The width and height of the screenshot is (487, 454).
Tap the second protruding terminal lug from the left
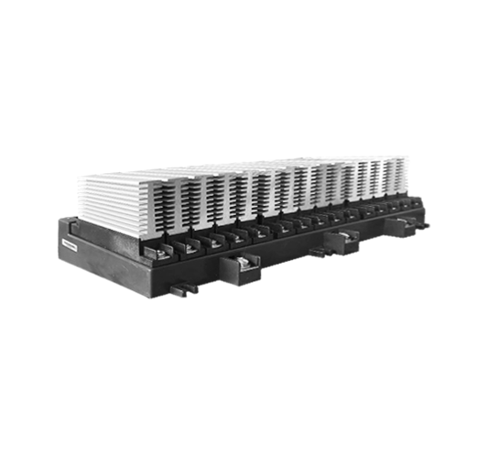click(x=243, y=264)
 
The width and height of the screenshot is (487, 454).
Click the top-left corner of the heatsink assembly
click(x=81, y=179)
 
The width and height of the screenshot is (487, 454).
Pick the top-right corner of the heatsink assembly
click(x=406, y=157)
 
